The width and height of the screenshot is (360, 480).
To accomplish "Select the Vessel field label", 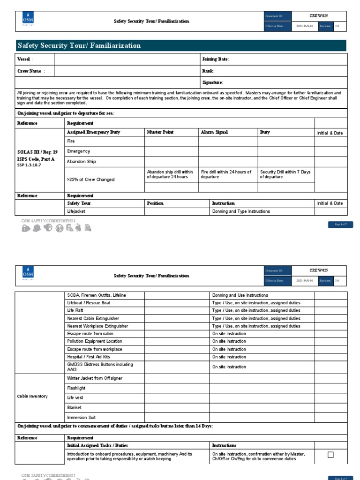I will [25, 59].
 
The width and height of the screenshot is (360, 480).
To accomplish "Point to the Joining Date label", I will [215, 59].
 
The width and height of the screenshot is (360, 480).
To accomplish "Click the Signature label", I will [212, 82].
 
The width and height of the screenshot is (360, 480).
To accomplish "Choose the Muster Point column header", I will [160, 132].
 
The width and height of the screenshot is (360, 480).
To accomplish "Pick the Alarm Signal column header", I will [214, 132].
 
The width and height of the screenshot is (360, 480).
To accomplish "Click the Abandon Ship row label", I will [82, 161].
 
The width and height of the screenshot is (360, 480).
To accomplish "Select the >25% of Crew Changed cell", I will [90, 180].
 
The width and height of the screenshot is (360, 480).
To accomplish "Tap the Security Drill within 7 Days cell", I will [285, 174].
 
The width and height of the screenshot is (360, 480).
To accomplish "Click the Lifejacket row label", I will [76, 211].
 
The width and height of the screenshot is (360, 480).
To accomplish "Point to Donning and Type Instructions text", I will [241, 211].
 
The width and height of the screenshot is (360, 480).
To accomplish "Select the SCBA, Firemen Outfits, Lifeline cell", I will [97, 295].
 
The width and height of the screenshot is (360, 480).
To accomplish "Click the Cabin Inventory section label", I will [32, 396].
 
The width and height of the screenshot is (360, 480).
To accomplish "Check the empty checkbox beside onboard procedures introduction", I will [330, 455].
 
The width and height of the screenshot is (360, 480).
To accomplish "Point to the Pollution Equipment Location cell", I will [95, 341].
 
